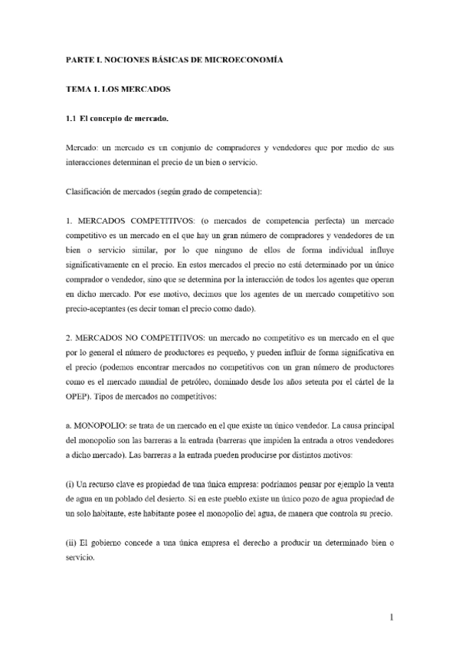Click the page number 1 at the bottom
[390, 617]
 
